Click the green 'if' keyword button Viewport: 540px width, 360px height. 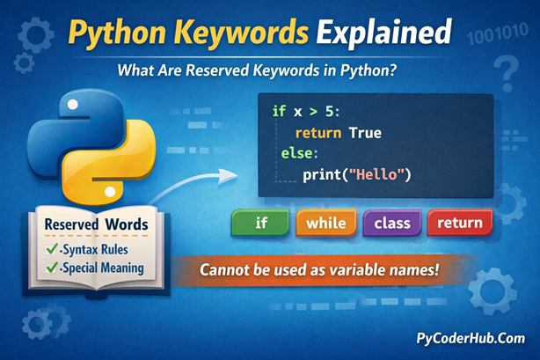point(261,223)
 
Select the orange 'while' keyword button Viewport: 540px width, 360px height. point(326,223)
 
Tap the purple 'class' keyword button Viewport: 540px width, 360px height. point(392,223)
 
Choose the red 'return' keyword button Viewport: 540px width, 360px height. point(459,223)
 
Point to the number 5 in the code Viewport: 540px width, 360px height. point(327,113)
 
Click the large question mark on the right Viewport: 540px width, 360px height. point(505,68)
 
